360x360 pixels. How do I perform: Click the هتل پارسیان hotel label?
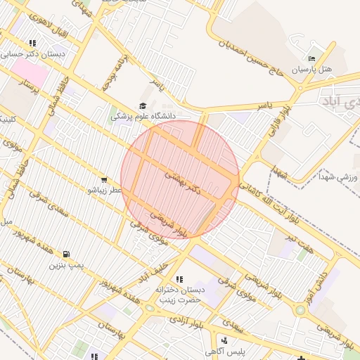310,70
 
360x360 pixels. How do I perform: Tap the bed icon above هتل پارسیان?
312,58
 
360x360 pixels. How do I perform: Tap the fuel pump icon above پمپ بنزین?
66,254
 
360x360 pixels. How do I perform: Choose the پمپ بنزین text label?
66,265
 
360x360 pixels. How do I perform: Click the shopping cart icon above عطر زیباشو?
105,179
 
